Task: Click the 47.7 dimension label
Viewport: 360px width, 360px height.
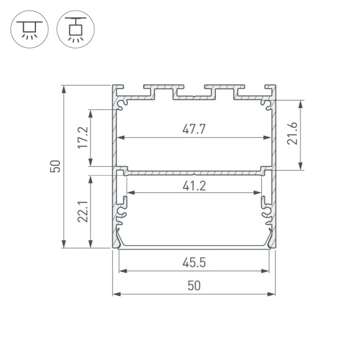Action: click(194, 129)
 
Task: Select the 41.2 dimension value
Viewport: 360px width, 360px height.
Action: click(194, 184)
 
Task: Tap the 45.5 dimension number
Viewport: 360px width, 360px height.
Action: click(194, 263)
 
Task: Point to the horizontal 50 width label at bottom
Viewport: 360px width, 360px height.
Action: click(194, 286)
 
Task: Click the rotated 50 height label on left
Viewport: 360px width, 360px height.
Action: click(56, 166)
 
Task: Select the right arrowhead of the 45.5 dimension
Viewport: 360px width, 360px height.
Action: click(267, 271)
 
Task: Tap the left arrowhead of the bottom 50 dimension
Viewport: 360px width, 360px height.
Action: click(115, 294)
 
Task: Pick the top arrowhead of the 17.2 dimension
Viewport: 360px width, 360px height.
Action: click(92, 112)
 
